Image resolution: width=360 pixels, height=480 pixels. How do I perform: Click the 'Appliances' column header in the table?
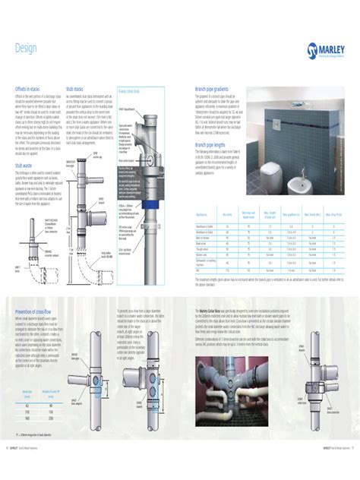[205, 215]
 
